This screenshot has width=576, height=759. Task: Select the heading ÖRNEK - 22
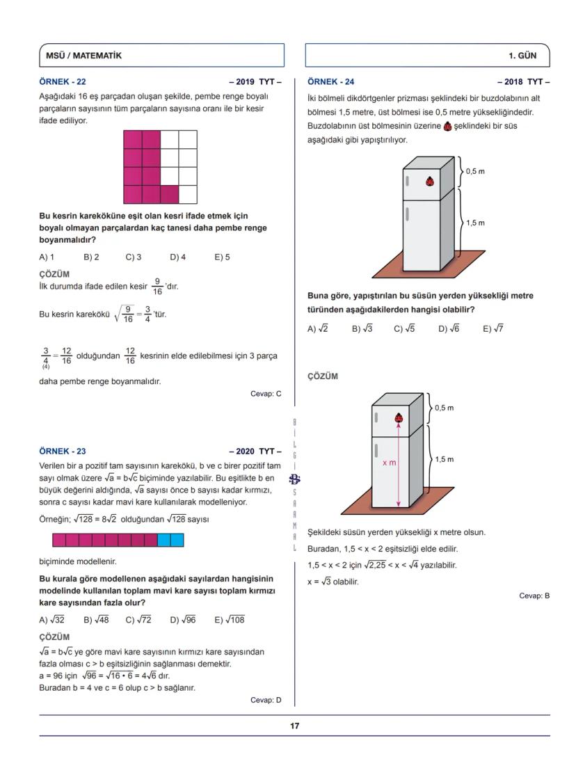(63, 81)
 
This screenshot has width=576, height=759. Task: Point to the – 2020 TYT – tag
(255, 451)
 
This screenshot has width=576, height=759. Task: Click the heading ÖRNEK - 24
(331, 81)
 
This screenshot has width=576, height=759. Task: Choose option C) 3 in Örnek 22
(134, 257)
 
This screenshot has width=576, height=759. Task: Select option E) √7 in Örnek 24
(493, 329)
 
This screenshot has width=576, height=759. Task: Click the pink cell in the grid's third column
(169, 194)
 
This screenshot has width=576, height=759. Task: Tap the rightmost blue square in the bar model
(177, 540)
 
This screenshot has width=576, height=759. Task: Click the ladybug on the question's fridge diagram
(431, 182)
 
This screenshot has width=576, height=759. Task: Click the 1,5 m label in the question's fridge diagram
(475, 223)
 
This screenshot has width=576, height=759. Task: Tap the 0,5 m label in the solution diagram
(445, 408)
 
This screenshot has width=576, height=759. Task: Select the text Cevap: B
(534, 596)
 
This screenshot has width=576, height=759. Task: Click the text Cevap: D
(266, 700)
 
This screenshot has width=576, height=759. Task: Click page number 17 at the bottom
(295, 726)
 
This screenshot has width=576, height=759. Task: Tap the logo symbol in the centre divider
(295, 479)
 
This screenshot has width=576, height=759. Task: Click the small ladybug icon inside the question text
(447, 127)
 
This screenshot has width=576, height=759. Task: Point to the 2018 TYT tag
(523, 81)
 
